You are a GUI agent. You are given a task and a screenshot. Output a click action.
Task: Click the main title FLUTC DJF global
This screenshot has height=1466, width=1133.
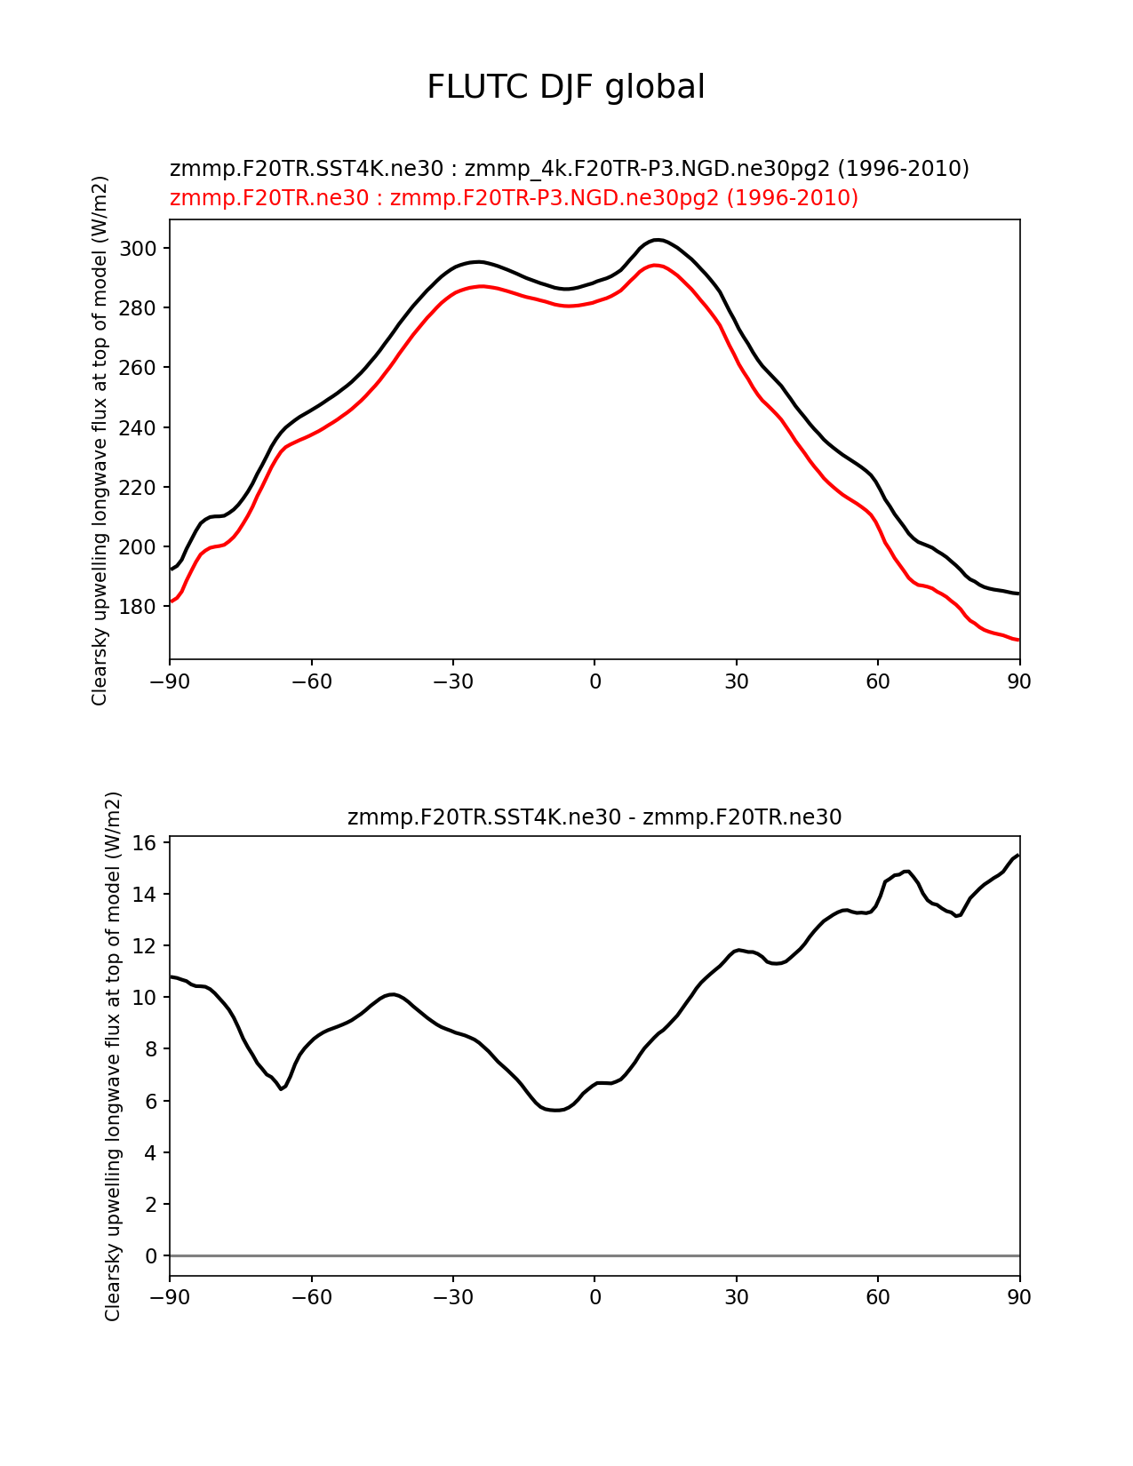566,87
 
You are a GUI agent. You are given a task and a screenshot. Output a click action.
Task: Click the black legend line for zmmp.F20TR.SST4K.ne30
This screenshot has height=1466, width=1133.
569,168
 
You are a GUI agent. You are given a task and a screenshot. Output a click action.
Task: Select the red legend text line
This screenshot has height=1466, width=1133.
514,197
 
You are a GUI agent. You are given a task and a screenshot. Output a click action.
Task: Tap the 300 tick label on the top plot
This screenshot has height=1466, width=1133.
139,248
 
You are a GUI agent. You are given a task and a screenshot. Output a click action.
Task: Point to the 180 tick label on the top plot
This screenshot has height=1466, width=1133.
139,607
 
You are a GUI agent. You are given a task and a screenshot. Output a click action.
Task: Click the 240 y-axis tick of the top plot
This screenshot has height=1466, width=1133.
139,427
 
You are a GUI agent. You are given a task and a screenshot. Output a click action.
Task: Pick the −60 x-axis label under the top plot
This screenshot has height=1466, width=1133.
311,681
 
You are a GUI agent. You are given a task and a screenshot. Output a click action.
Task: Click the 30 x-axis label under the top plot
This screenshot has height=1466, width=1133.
736,681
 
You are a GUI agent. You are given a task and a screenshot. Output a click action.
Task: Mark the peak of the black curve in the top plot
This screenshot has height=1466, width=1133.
657,240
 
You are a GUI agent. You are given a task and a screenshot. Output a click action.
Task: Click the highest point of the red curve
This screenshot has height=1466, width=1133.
655,265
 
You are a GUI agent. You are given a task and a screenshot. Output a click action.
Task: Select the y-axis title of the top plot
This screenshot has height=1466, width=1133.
100,440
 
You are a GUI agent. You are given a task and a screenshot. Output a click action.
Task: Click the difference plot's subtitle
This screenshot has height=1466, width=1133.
594,817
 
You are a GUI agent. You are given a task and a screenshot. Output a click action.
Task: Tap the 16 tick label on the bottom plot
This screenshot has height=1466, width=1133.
146,842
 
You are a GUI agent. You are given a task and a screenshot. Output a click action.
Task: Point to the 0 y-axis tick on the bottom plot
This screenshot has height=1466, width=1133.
151,1255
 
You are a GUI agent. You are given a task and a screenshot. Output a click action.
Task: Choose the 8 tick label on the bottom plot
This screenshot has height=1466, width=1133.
151,1049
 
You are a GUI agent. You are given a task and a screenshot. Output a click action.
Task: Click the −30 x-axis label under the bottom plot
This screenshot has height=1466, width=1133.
452,1297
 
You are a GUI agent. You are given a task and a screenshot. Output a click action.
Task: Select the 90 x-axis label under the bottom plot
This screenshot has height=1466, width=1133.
1019,1297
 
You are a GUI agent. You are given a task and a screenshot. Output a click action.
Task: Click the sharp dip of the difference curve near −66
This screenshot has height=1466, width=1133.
282,1088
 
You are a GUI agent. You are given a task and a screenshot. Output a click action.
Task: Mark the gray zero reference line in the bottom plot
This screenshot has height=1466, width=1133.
594,1255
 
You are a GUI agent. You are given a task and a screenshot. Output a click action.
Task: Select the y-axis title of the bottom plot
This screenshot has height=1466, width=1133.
113,1056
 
